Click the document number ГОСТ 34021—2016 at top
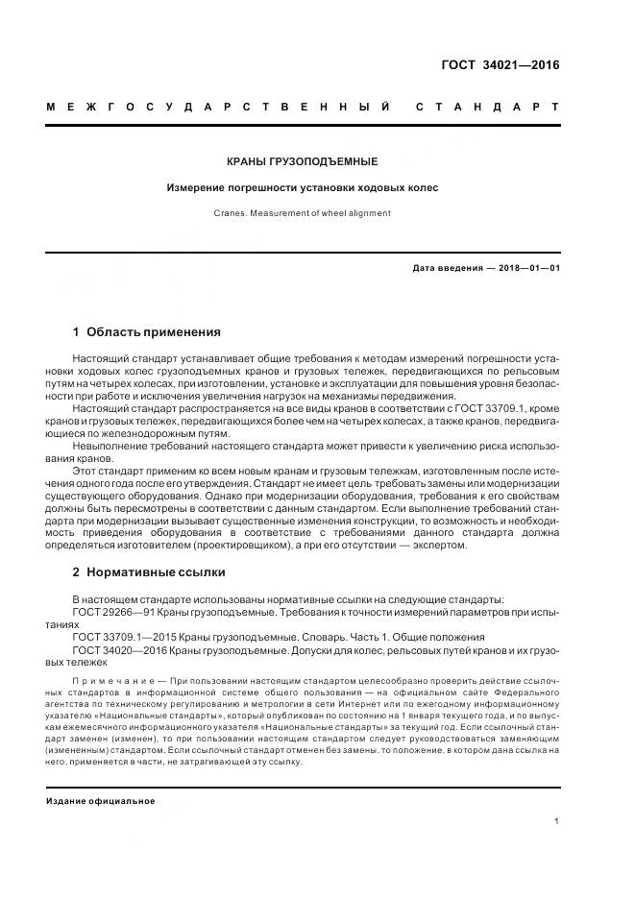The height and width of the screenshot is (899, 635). point(500,66)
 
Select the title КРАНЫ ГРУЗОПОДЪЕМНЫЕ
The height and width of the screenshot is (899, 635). point(304,161)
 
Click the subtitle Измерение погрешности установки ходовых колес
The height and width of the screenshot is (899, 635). point(304,187)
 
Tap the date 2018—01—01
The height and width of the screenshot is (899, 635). point(529,268)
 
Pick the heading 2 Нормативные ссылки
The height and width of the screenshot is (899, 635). point(149,571)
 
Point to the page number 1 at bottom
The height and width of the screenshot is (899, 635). point(557,821)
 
